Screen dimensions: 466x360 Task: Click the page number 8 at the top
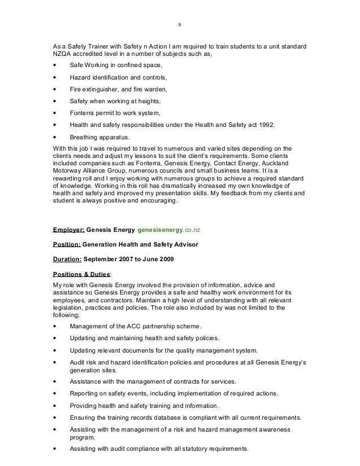click(x=179, y=25)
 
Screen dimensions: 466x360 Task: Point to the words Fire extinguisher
click(x=94, y=89)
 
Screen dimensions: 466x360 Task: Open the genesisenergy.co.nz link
click(x=171, y=230)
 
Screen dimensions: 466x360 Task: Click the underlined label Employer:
click(x=68, y=230)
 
